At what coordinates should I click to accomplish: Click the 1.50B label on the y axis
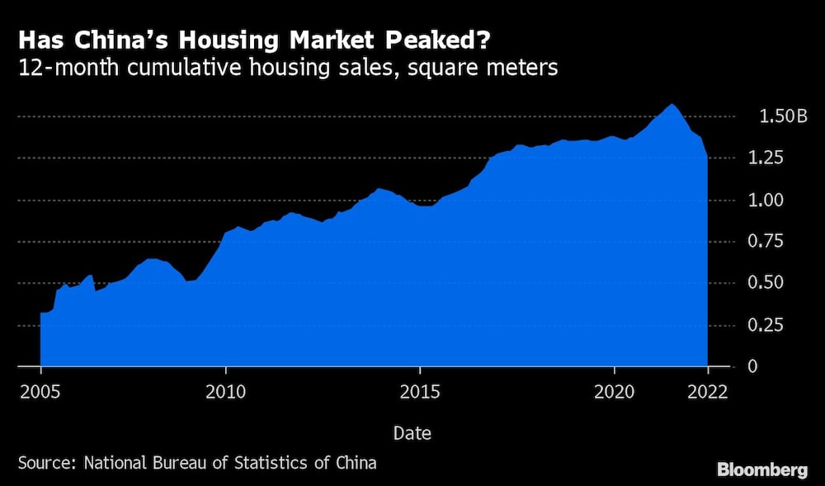(782, 116)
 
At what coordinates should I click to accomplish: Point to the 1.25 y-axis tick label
(776, 158)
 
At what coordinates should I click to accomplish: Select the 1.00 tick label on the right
(776, 200)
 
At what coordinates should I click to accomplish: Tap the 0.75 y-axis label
(776, 242)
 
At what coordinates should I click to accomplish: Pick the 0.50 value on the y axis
(776, 283)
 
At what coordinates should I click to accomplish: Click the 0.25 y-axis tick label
(776, 325)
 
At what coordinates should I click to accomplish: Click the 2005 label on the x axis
(40, 392)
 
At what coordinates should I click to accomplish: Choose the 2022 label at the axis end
(706, 392)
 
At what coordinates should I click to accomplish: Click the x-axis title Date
(411, 432)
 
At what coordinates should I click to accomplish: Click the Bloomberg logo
(762, 469)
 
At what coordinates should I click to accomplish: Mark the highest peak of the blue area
(672, 105)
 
